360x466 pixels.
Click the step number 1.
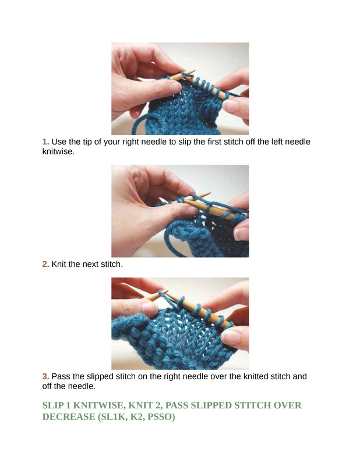click(x=45, y=142)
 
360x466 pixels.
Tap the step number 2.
click(x=45, y=264)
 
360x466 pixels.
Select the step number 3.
click(x=45, y=376)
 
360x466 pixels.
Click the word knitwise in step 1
click(x=58, y=151)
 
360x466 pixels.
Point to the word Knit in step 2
click(x=59, y=264)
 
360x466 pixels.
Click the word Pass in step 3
click(x=61, y=376)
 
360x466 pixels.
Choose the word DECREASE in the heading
click(x=69, y=416)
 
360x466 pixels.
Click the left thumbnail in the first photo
click(x=176, y=87)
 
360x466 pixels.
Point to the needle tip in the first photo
click(x=194, y=71)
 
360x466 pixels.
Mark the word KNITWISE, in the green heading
click(x=100, y=405)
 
